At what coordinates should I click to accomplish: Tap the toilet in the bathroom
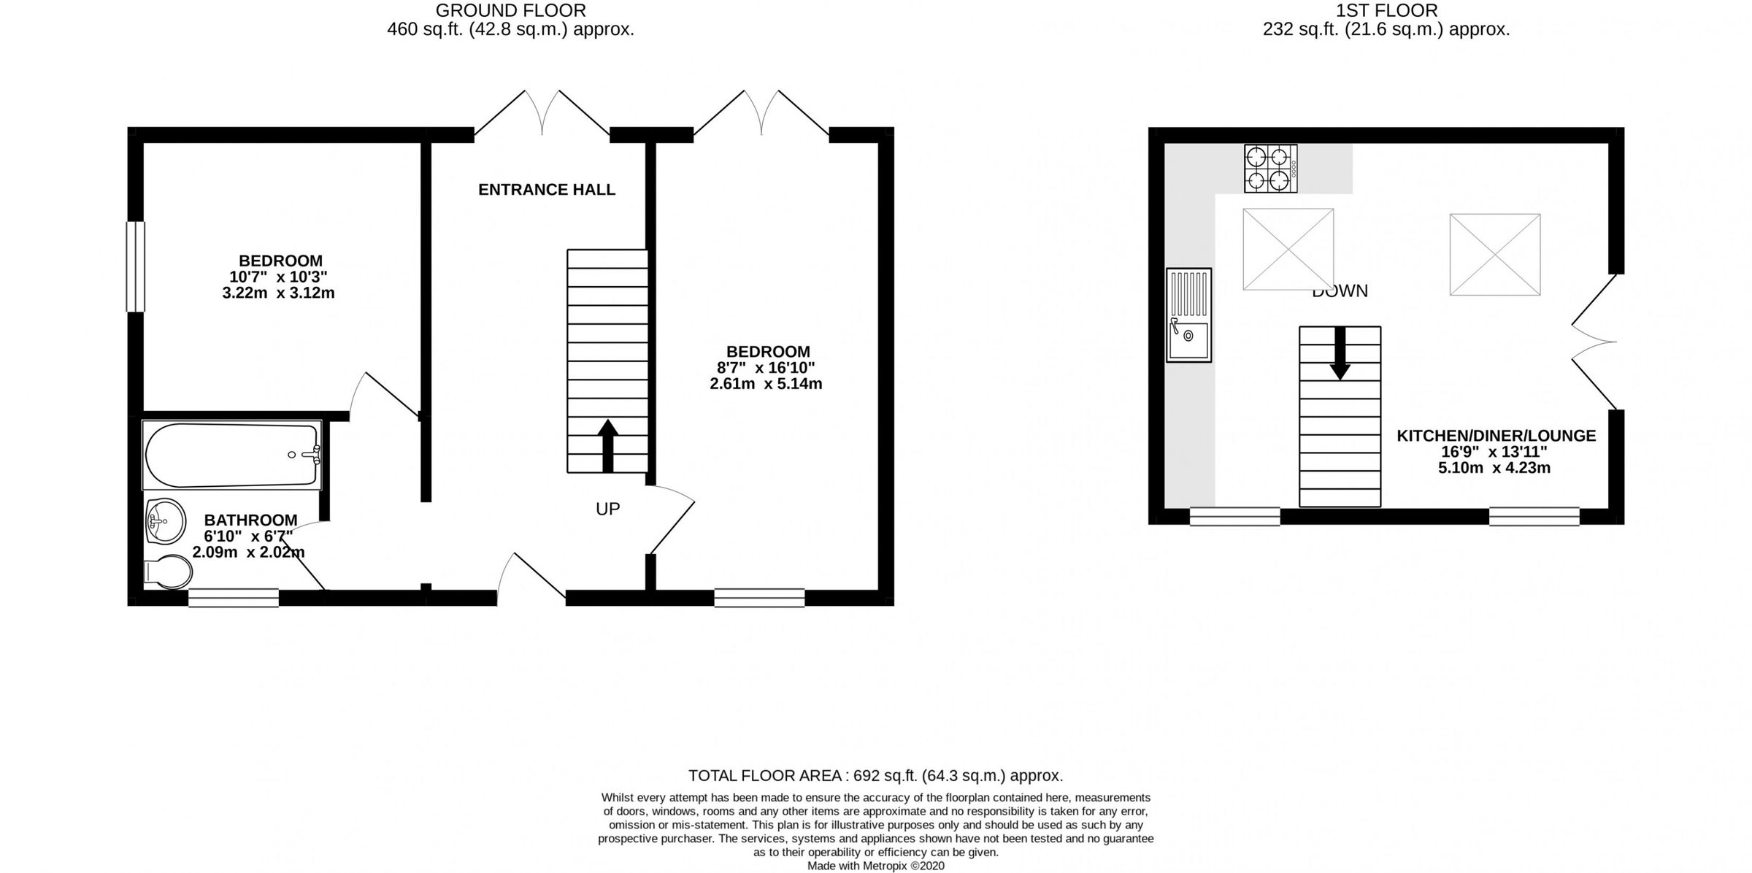click(167, 572)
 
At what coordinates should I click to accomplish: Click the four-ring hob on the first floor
click(1270, 169)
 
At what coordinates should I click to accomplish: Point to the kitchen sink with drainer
click(1188, 315)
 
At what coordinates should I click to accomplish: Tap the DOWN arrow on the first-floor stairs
click(1340, 353)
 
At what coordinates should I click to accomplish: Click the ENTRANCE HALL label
click(547, 190)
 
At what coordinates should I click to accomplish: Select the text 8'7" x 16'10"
click(766, 368)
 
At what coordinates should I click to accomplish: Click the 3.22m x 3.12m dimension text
click(278, 293)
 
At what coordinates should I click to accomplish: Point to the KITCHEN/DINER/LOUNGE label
click(1496, 436)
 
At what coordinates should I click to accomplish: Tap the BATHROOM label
click(250, 520)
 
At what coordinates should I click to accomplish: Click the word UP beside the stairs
click(607, 509)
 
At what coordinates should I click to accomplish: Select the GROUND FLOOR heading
click(510, 10)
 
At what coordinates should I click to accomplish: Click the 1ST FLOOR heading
click(1386, 10)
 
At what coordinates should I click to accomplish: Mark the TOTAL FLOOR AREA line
click(875, 776)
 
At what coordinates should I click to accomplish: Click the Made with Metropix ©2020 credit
click(875, 866)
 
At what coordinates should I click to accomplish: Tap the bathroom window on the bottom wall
click(234, 598)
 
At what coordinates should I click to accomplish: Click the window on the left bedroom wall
click(135, 266)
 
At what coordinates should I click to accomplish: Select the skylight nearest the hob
click(1288, 249)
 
